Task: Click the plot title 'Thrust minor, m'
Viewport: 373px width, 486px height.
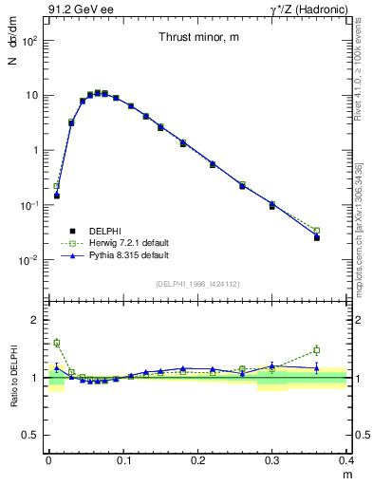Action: tap(198, 38)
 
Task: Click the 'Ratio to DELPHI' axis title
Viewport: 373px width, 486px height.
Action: tap(13, 378)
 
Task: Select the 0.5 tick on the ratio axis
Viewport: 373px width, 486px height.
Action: tap(30, 436)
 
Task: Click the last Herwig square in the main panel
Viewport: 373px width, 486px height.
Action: tap(317, 231)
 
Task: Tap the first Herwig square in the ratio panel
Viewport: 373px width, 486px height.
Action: tap(57, 343)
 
